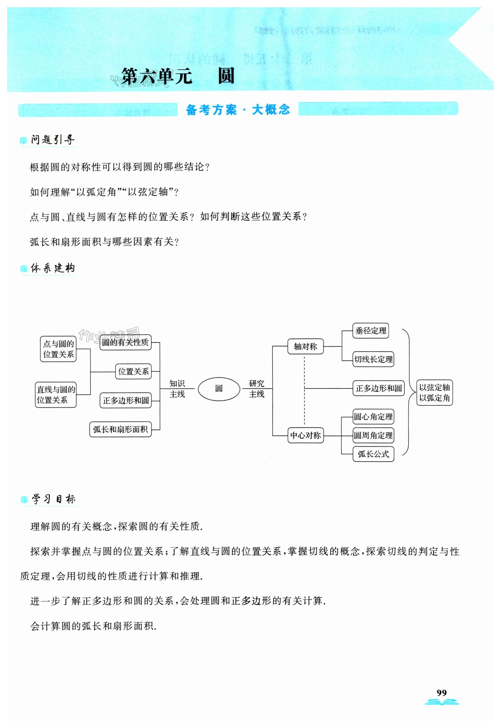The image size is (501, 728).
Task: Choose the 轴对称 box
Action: click(305, 346)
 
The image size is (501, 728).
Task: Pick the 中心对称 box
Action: click(305, 435)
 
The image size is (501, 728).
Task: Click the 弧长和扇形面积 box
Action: click(121, 429)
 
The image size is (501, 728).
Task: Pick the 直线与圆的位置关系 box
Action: click(56, 395)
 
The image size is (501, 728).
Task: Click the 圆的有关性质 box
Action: click(126, 342)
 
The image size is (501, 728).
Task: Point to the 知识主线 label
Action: click(177, 389)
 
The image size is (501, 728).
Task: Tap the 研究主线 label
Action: click(257, 389)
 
